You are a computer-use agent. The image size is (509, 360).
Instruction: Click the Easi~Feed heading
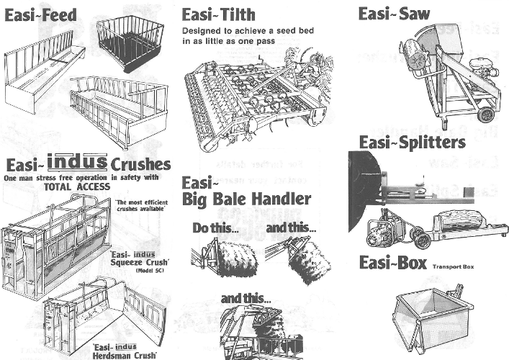(41, 15)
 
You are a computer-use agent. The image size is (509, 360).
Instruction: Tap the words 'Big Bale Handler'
(246, 199)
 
